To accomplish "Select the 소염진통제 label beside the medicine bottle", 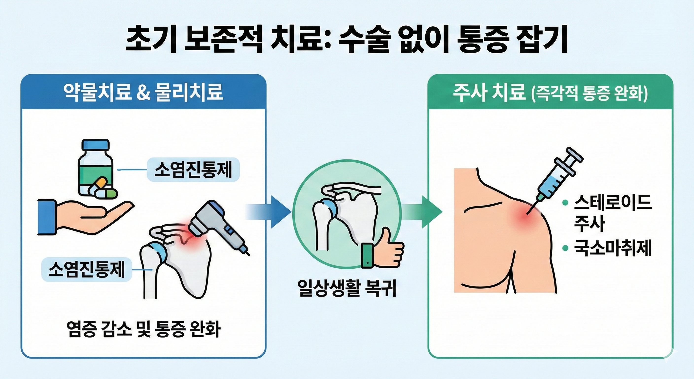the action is pyautogui.click(x=193, y=170).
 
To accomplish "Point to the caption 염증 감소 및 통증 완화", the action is pyautogui.click(x=143, y=329).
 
